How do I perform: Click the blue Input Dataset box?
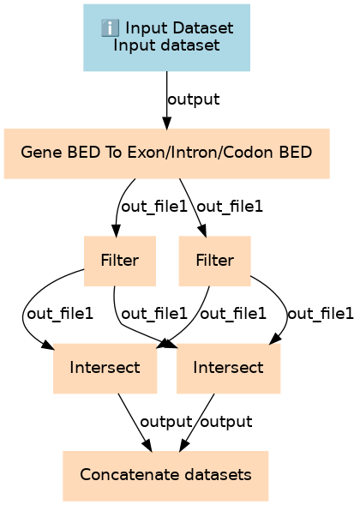166,38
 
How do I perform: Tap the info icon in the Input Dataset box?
110,27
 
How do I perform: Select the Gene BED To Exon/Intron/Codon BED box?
167,153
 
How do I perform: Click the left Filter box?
120,261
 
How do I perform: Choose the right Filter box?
215,261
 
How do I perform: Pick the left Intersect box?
105,369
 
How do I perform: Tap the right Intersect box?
228,369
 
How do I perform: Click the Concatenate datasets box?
165,476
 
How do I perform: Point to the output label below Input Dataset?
194,99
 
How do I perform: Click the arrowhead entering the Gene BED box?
166,123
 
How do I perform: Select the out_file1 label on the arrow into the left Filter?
154,207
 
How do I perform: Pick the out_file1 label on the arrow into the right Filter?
230,207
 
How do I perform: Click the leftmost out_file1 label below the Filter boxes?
60,314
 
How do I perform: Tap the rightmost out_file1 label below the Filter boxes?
321,314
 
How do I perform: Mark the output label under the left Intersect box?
166,422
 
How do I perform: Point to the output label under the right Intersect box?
226,422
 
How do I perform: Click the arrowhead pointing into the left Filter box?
116,231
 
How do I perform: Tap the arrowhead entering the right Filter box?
202,231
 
